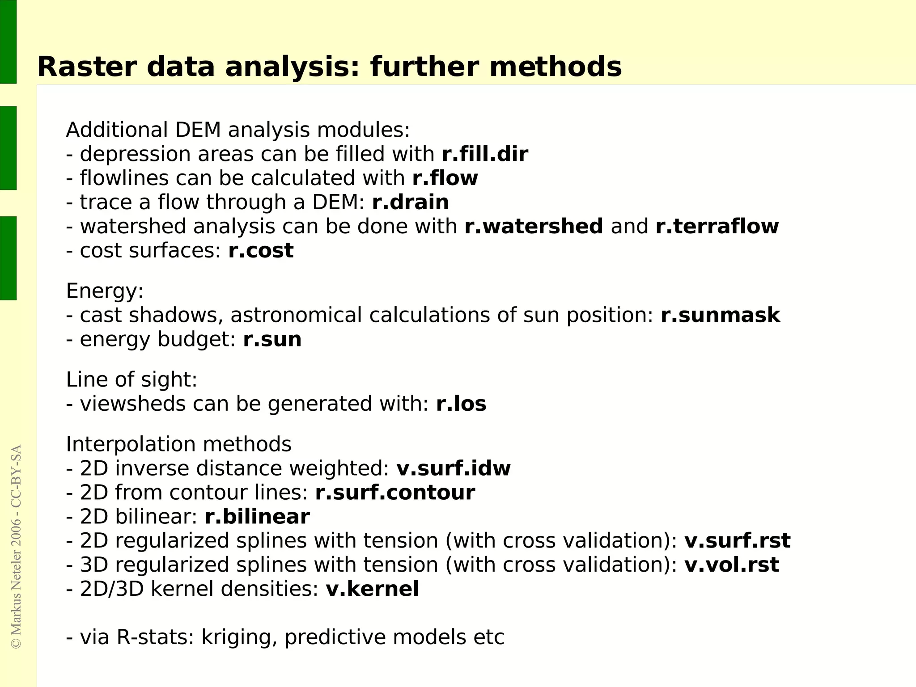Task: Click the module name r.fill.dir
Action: [x=485, y=154]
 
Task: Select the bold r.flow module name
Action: [x=445, y=178]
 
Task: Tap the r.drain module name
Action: [x=410, y=202]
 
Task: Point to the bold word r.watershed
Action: [x=534, y=227]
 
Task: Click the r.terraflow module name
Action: [x=717, y=227]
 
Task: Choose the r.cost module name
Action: [x=261, y=251]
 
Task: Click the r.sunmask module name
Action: [x=720, y=316]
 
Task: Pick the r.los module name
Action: [x=461, y=404]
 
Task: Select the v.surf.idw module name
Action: [x=454, y=468]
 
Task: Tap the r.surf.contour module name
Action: [x=395, y=493]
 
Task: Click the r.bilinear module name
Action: [x=257, y=517]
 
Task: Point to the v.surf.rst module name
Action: [x=737, y=541]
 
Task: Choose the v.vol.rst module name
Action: [x=732, y=565]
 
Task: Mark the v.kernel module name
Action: [x=372, y=589]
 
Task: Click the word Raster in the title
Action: [x=87, y=67]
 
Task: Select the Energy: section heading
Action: [x=105, y=291]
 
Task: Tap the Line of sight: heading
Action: [x=131, y=380]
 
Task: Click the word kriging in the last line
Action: [x=237, y=637]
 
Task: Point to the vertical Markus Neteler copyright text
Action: [x=16, y=546]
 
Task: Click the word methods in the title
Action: [x=556, y=67]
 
